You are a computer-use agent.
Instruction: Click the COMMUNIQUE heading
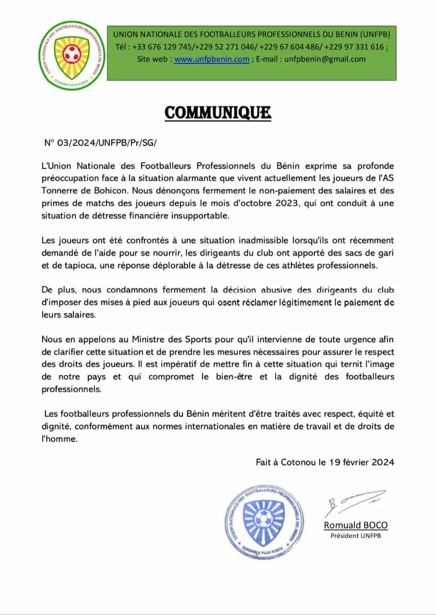click(218, 112)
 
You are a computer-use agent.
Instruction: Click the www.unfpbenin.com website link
click(211, 59)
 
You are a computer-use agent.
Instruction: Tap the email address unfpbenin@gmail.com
click(325, 59)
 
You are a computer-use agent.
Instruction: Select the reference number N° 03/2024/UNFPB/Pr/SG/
click(100, 143)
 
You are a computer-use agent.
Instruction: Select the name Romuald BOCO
click(355, 525)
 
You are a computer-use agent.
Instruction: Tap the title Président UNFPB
click(355, 536)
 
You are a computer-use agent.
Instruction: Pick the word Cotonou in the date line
click(296, 462)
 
